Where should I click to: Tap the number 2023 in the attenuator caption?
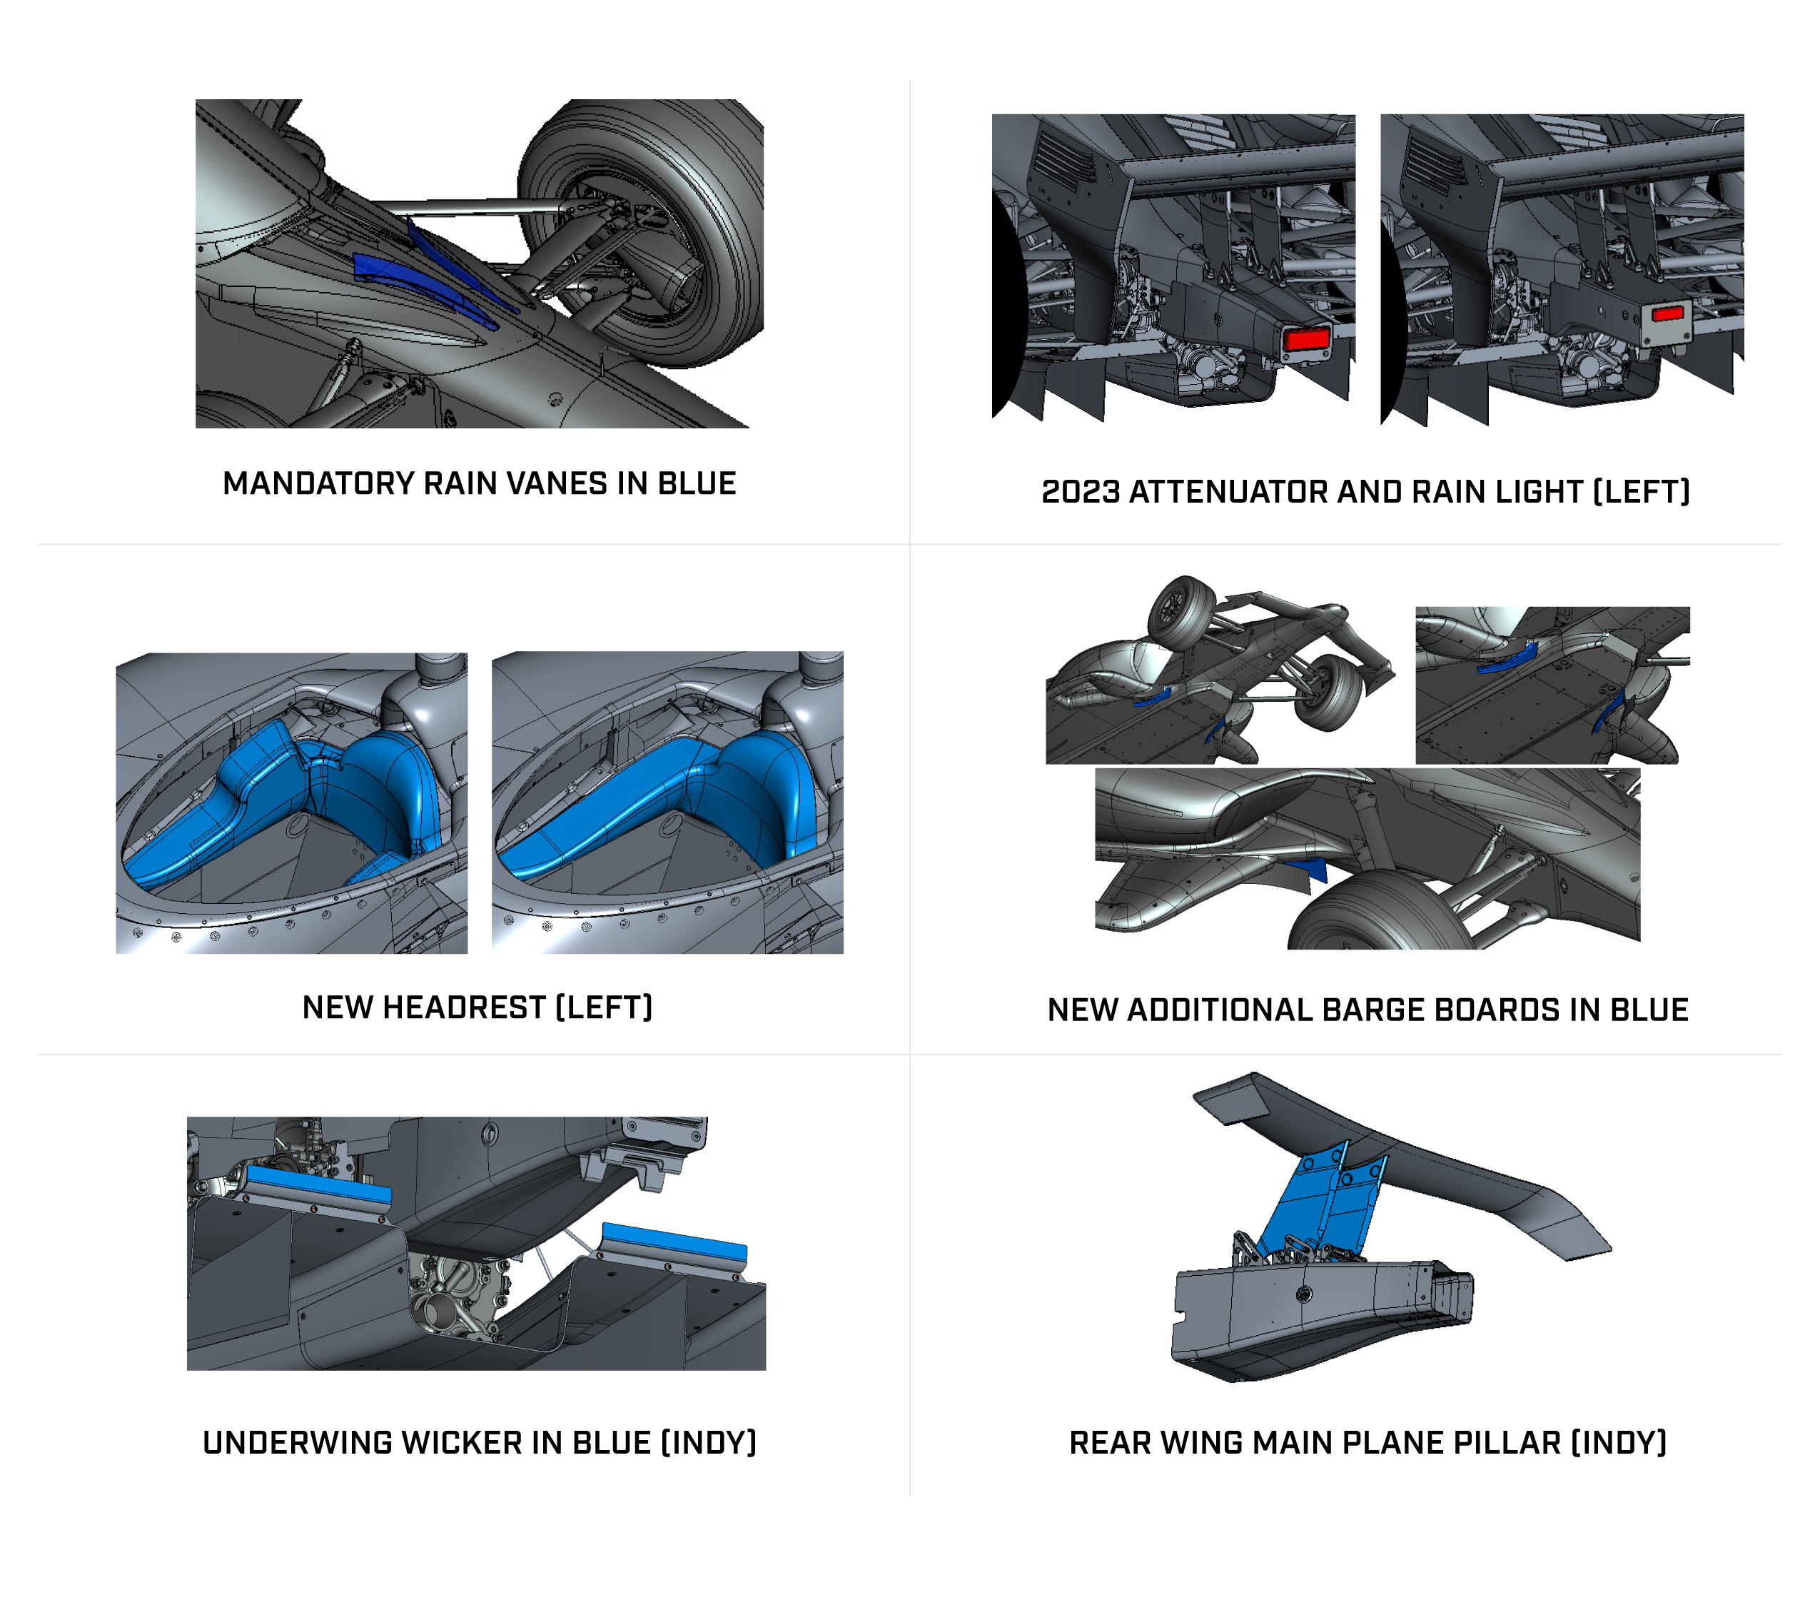point(1080,491)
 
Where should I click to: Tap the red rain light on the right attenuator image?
point(1667,313)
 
